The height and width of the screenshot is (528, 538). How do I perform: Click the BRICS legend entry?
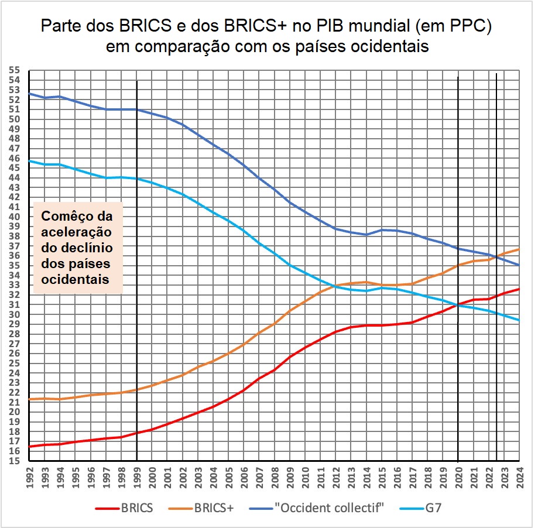point(124,508)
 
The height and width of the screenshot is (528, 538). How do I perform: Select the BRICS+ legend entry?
point(203,508)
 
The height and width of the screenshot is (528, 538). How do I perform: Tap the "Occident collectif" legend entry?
point(316,508)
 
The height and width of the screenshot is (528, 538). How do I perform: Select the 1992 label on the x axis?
point(29,474)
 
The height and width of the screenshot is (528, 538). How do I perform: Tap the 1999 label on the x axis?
point(136,474)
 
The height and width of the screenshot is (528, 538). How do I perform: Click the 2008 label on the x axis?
point(275,474)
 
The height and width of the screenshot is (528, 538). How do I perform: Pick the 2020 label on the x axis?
point(458,474)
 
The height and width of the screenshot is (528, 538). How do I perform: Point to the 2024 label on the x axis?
point(519,474)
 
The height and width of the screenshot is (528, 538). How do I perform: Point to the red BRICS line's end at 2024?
point(519,289)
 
